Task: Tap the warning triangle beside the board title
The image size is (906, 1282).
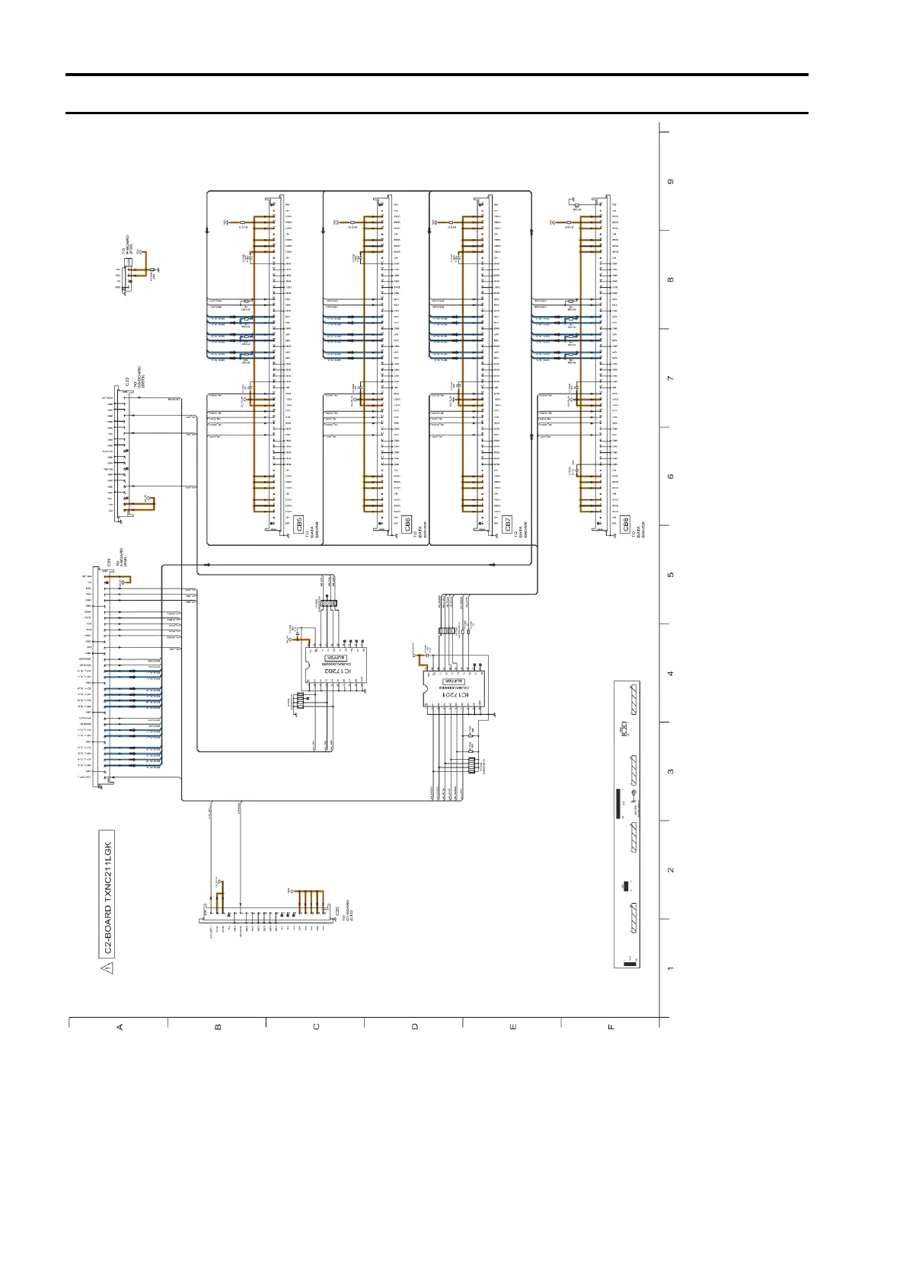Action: point(107,968)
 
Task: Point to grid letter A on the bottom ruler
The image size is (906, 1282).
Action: point(120,1027)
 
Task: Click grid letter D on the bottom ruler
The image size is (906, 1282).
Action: point(415,1027)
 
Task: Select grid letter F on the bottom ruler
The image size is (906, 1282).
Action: point(611,1027)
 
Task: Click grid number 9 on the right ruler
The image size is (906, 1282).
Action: point(671,182)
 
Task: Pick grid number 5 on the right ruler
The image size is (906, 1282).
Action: point(671,575)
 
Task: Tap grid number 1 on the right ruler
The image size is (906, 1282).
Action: point(671,968)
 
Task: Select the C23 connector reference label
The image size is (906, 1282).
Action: point(126,381)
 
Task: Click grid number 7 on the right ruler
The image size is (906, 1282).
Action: point(671,378)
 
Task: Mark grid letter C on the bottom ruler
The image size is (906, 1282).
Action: point(317,1027)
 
